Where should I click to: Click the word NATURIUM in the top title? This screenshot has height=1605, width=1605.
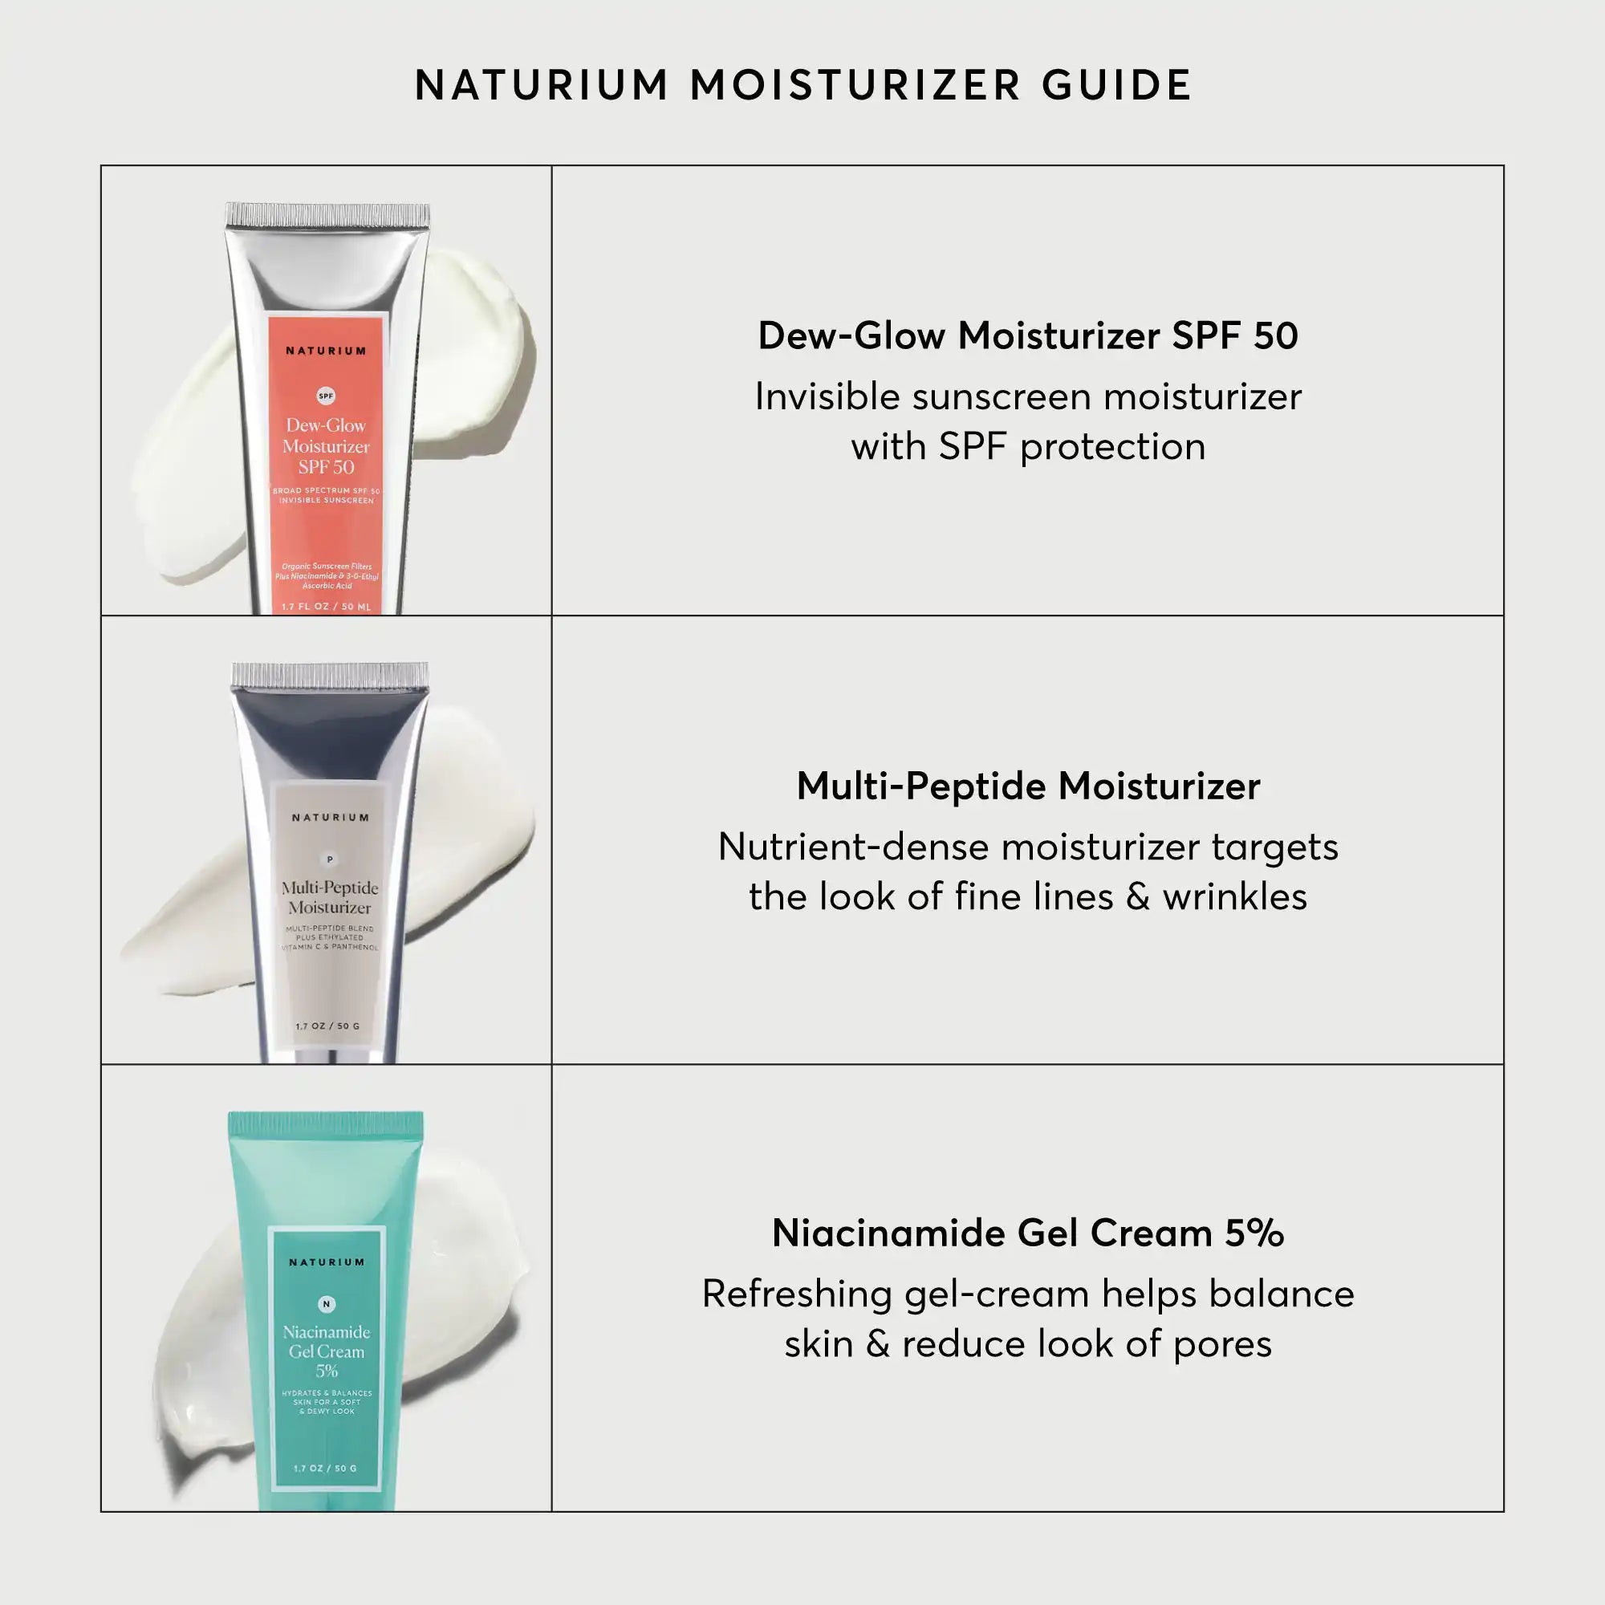click(542, 86)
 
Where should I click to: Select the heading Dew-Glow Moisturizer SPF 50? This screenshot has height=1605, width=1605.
click(1028, 336)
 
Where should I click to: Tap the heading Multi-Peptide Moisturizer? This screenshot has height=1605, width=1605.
click(1028, 786)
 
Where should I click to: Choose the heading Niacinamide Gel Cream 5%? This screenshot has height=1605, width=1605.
click(1028, 1233)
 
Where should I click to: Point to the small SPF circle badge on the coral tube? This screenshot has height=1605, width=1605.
click(327, 396)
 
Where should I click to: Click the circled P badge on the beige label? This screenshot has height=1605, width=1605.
click(330, 859)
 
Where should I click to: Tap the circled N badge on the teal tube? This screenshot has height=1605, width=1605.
click(327, 1304)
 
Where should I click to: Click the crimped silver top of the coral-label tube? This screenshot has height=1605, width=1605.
click(327, 215)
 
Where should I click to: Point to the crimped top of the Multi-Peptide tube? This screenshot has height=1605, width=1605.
click(330, 676)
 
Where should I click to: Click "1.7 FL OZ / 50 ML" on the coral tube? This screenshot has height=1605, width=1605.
click(327, 607)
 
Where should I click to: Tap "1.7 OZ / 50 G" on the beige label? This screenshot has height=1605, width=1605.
click(328, 1026)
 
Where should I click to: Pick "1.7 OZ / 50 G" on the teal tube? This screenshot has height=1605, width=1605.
click(325, 1468)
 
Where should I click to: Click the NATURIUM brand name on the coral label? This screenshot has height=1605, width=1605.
click(326, 351)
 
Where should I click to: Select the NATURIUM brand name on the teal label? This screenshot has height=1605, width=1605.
click(327, 1262)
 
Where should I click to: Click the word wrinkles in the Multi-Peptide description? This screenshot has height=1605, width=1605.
click(1234, 897)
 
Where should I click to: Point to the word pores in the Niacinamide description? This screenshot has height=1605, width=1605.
click(1222, 1344)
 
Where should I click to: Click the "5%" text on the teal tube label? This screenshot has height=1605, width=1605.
click(327, 1371)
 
